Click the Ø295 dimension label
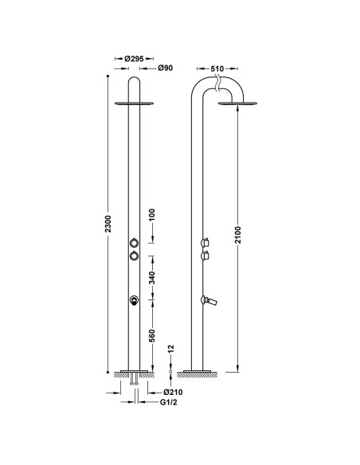pos(134,59)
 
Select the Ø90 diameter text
pos(165,68)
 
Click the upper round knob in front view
pos(134,241)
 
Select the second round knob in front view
pos(134,256)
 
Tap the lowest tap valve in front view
pos(134,300)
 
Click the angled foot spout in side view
pos(212,300)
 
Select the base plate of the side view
pos(199,372)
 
